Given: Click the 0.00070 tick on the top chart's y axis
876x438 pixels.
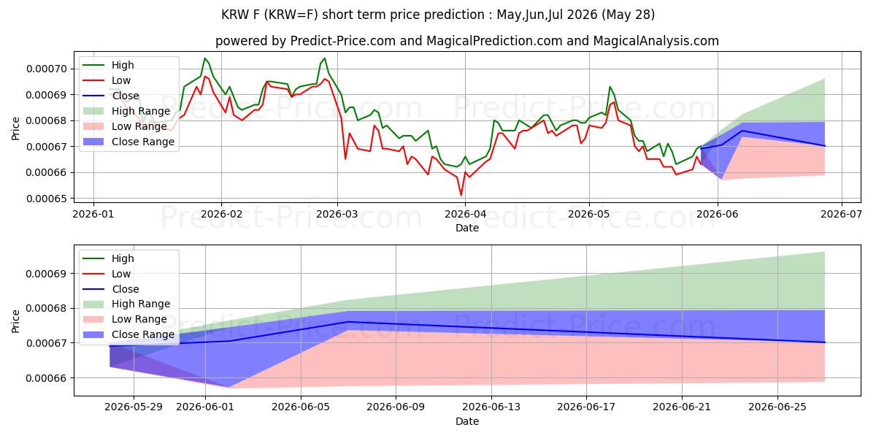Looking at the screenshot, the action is [47, 69].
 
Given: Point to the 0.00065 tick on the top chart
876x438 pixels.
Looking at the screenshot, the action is [47, 199].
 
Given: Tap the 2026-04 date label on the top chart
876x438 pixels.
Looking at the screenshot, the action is [466, 215].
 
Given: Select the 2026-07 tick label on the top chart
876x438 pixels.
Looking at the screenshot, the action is [841, 215].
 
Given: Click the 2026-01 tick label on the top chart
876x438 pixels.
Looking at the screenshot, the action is [93, 215].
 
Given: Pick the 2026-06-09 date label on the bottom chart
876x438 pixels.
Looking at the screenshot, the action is [396, 407].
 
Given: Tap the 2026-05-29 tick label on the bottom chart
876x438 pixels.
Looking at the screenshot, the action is [134, 407].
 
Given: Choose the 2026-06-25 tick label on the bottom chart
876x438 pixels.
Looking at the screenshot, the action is [777, 407].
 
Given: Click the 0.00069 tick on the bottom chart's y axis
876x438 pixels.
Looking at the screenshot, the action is [47, 274].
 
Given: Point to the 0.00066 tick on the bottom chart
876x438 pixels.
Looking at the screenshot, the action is [47, 378].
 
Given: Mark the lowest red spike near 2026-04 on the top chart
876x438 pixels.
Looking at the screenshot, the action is [461, 195].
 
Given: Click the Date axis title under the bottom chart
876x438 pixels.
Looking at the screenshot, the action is [467, 421].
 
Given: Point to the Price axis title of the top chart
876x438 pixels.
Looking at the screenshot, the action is [15, 128].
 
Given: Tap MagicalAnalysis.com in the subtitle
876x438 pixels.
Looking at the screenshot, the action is [656, 41].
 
